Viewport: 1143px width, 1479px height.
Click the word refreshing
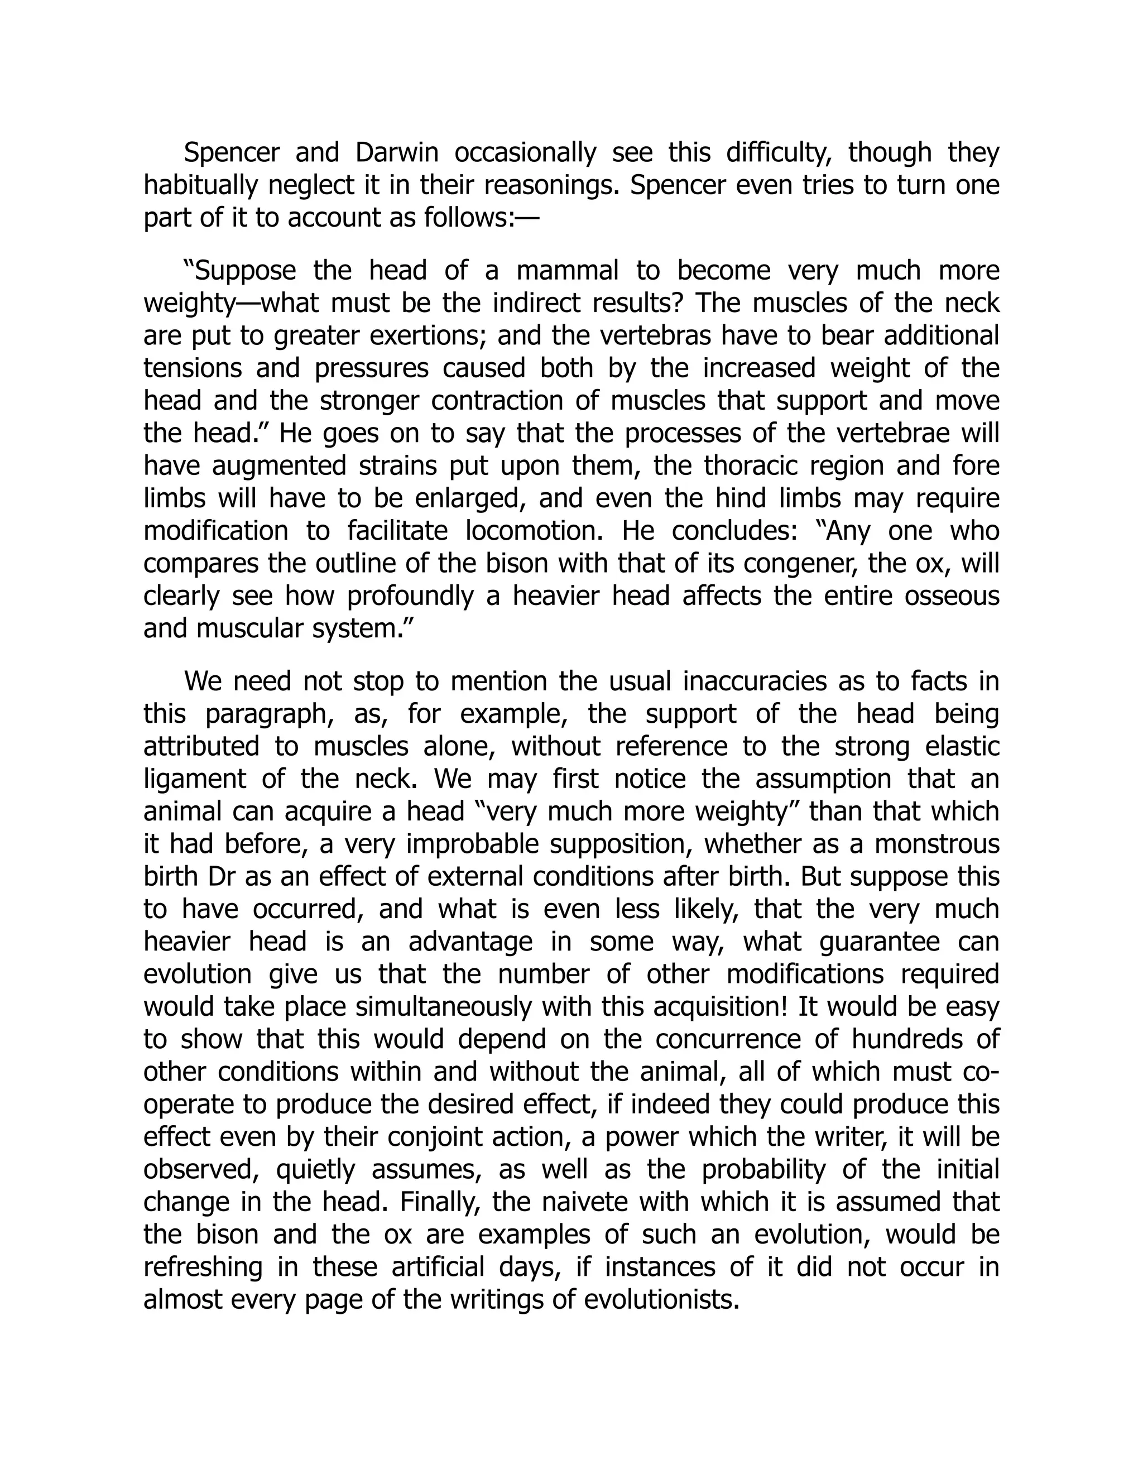(203, 1266)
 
